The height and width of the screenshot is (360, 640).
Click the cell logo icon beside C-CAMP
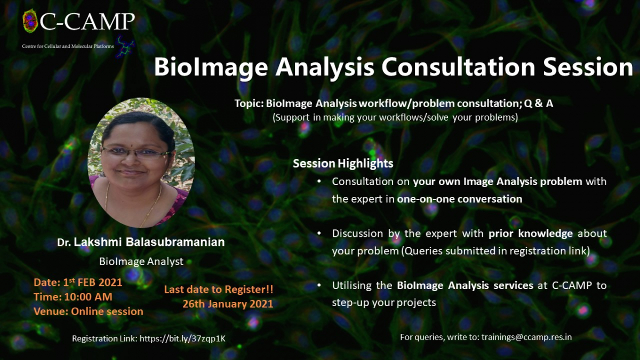(x=30, y=21)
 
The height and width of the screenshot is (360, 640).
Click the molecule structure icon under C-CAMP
(x=125, y=46)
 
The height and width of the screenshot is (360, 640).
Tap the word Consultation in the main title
(x=458, y=67)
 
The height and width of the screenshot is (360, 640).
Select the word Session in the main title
(x=588, y=67)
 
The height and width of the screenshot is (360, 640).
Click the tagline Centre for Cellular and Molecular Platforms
(x=68, y=46)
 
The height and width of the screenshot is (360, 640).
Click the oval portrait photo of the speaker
(x=141, y=163)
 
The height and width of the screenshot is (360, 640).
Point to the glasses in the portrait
(x=137, y=153)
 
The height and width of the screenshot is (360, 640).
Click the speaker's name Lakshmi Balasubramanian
(x=149, y=242)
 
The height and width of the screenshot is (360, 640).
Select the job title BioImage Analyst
(x=141, y=261)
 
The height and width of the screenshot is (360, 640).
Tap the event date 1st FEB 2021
(x=93, y=282)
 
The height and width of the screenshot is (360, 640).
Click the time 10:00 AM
(x=88, y=297)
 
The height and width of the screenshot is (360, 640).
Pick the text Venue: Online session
(x=89, y=311)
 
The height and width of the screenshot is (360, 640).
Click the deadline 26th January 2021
(x=228, y=303)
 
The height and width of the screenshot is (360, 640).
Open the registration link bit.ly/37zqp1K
(x=182, y=339)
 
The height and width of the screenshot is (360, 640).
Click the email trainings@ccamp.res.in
(x=526, y=338)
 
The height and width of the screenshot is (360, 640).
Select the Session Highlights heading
(x=343, y=163)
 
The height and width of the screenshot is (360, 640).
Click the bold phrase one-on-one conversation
(x=460, y=199)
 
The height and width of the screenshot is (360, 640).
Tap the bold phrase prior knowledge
(x=531, y=234)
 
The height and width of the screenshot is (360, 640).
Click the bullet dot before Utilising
(x=319, y=285)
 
